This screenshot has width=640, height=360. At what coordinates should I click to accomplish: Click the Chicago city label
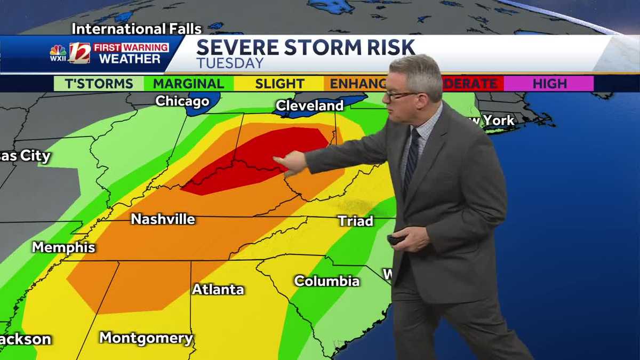pyautogui.click(x=182, y=101)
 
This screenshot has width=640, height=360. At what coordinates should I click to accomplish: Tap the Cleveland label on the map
pyautogui.click(x=309, y=106)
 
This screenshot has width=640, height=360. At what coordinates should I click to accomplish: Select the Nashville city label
pyautogui.click(x=163, y=219)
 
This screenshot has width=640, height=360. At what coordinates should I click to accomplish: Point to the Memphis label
pyautogui.click(x=63, y=247)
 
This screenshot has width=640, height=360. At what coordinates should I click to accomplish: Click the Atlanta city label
pyautogui.click(x=218, y=290)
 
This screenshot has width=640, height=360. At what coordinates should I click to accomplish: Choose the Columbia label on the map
pyautogui.click(x=326, y=281)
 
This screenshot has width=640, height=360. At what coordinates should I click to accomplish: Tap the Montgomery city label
pyautogui.click(x=146, y=338)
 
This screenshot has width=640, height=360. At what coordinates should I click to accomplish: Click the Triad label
pyautogui.click(x=356, y=221)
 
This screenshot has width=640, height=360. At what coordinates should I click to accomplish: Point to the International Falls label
pyautogui.click(x=137, y=29)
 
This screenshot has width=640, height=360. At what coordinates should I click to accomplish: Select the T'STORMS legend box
pyautogui.click(x=99, y=84)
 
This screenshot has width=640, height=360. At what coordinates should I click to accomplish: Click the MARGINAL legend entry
pyautogui.click(x=188, y=84)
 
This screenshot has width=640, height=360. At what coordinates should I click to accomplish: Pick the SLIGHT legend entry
pyautogui.click(x=279, y=84)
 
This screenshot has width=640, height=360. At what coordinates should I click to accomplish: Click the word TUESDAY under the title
pyautogui.click(x=230, y=63)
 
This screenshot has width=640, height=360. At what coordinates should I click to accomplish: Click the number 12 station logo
pyautogui.click(x=79, y=53)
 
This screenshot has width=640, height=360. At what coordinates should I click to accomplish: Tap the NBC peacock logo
pyautogui.click(x=58, y=51)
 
